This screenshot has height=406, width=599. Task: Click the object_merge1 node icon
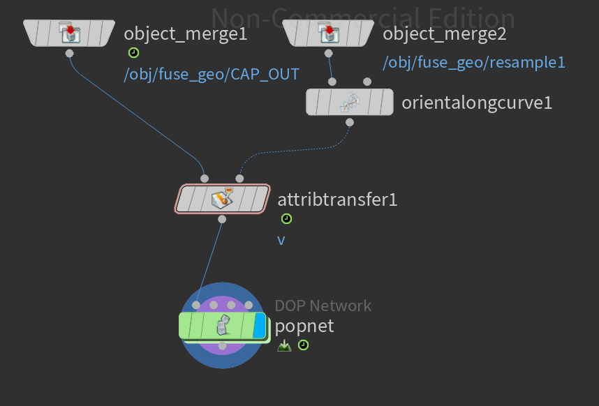tap(69, 33)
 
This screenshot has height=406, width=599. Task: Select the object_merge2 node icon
tap(329, 33)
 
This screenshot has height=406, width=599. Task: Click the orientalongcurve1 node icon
tap(349, 103)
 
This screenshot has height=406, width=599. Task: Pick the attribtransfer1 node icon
tap(222, 200)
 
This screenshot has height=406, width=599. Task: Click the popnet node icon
tap(223, 325)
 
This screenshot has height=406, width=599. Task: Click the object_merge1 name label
tap(185, 33)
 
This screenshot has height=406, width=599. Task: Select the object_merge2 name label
tap(445, 33)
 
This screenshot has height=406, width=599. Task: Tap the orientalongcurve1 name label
tap(477, 103)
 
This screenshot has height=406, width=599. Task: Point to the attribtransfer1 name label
tap(337, 200)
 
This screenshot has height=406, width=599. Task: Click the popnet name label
tap(304, 326)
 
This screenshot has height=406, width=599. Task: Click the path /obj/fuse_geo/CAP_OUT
tap(212, 75)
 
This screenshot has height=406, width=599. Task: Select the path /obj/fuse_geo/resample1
tap(474, 62)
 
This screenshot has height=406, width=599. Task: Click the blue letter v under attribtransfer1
tap(281, 240)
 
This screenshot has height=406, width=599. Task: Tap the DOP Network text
tap(323, 306)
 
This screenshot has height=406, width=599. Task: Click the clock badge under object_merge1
tap(133, 53)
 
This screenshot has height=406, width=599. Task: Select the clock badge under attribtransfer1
tap(286, 219)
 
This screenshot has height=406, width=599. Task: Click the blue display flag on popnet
tap(260, 326)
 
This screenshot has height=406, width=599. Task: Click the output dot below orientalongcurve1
tap(349, 122)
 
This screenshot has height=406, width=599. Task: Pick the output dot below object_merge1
tap(69, 53)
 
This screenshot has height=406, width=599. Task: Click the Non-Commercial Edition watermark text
tap(363, 18)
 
